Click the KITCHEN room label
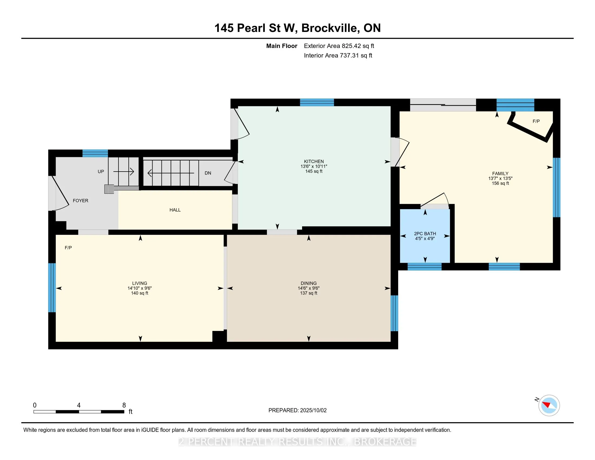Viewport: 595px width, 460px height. click(314, 161)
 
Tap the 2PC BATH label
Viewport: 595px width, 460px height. click(425, 234)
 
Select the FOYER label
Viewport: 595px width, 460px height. click(80, 201)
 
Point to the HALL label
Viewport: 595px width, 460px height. click(175, 210)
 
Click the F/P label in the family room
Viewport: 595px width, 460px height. click(536, 121)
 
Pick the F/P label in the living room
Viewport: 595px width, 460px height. click(68, 248)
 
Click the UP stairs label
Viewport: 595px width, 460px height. click(101, 172)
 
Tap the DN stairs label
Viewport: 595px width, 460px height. click(208, 173)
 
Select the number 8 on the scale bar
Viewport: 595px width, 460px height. click(124, 405)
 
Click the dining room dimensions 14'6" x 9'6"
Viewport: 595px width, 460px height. click(308, 288)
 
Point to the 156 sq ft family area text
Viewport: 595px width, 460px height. click(500, 183)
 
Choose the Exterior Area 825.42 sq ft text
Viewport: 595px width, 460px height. click(339, 46)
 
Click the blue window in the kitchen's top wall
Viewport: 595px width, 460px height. click(317, 103)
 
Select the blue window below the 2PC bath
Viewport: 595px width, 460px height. click(424, 267)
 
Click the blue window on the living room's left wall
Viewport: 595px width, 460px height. click(52, 287)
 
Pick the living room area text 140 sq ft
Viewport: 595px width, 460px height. click(140, 293)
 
